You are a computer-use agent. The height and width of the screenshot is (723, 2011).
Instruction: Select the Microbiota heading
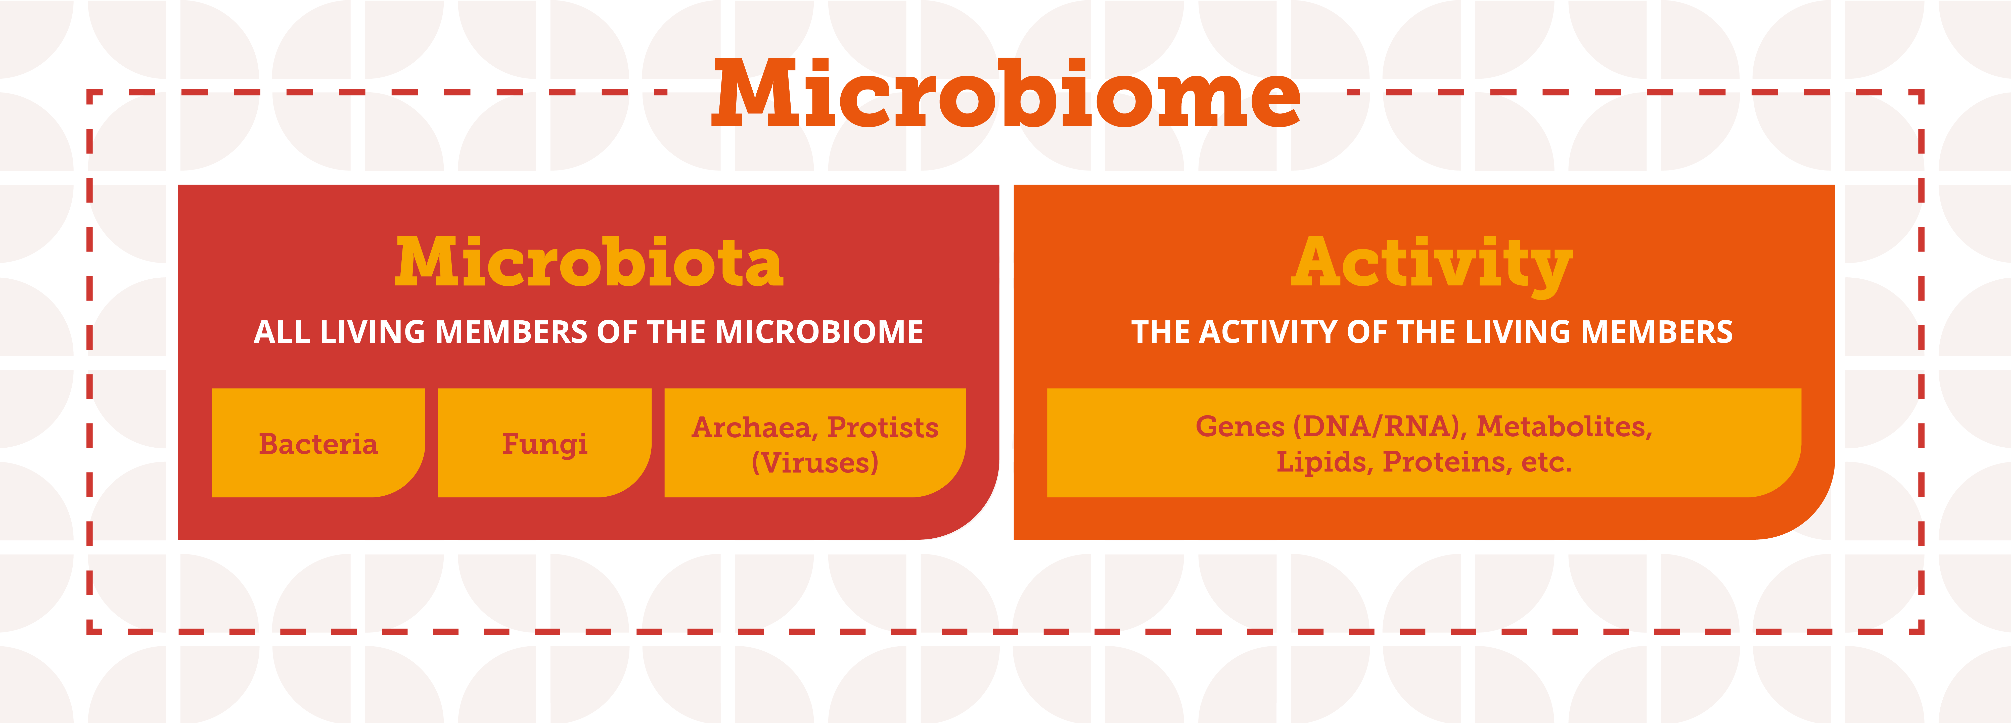pos(589,262)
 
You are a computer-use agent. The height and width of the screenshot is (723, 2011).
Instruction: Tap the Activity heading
pos(1432,266)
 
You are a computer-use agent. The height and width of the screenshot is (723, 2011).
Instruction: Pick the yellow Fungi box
pos(545,443)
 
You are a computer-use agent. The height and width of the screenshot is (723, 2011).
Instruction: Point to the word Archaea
pos(755,428)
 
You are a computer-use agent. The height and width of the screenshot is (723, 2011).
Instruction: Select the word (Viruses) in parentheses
pos(815,462)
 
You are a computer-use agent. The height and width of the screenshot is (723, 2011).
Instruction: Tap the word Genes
pos(1240,427)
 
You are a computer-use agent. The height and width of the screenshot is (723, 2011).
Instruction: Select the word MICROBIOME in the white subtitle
pos(819,332)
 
